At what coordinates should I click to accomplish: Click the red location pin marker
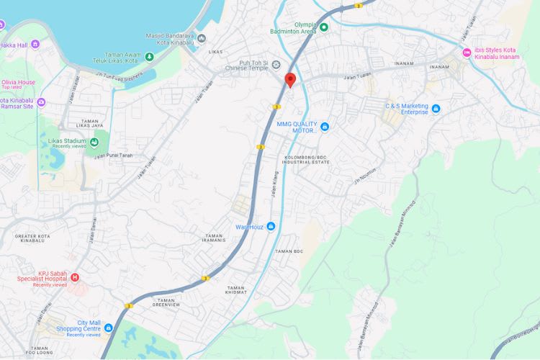tap(290, 80)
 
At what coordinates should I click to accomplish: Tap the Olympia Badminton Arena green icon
tap(324, 27)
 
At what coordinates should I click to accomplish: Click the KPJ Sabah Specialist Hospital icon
tap(75, 276)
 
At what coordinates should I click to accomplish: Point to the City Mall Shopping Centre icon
tap(108, 328)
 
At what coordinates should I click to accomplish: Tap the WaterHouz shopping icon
tap(271, 227)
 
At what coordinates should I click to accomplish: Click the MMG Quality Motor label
tap(296, 127)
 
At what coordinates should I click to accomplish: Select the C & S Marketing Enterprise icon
tap(436, 109)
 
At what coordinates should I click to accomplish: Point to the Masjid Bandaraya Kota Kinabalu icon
tap(202, 38)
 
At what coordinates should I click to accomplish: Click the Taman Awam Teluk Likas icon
tap(149, 56)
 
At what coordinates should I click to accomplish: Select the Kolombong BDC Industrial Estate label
tap(306, 159)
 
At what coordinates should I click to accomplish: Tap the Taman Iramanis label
tap(215, 238)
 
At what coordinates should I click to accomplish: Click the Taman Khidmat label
tap(236, 290)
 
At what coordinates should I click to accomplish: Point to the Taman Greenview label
tap(167, 302)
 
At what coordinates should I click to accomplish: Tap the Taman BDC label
tap(289, 251)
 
